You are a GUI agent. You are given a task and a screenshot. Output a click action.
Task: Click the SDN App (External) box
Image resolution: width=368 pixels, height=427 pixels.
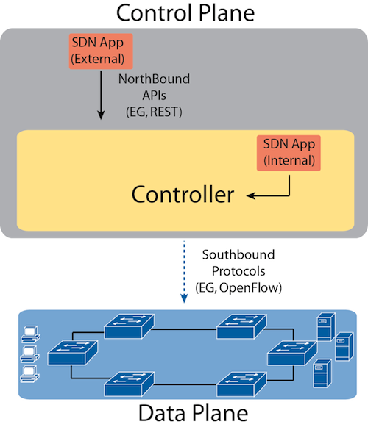[x=101, y=51]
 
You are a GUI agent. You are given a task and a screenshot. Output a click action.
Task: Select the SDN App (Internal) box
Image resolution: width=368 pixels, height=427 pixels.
[x=289, y=153]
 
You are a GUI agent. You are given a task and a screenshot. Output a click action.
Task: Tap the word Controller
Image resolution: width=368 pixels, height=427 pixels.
[x=183, y=195]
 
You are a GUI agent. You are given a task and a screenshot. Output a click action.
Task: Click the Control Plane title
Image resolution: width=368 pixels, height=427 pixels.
[x=185, y=12]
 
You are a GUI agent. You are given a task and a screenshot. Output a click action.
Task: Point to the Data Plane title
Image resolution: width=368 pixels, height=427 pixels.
[x=193, y=413]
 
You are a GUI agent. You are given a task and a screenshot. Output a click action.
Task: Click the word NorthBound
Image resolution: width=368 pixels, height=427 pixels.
[x=154, y=79]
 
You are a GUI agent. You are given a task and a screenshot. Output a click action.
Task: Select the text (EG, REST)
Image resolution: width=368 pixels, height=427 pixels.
[x=154, y=112]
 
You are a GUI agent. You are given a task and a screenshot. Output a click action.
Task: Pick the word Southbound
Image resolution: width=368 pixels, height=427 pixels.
[x=238, y=254]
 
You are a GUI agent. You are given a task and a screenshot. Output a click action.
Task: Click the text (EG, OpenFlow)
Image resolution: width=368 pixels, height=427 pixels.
[x=238, y=288]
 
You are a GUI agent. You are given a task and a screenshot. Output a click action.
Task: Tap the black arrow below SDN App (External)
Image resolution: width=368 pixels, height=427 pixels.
[x=102, y=95]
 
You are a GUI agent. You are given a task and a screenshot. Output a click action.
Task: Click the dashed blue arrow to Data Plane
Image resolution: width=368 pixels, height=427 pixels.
[x=184, y=271]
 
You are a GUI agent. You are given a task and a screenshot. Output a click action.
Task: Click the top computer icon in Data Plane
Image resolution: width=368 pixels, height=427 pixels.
[x=31, y=334]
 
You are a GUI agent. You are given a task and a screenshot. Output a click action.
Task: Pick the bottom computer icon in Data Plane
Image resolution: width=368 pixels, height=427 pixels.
[x=31, y=374]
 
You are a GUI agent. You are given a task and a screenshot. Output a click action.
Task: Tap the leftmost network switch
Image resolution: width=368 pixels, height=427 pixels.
[x=73, y=353]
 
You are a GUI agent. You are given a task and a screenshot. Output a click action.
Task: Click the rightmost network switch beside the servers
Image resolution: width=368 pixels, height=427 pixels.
[x=292, y=353]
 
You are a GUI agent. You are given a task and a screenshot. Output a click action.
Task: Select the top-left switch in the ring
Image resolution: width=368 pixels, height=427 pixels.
[x=130, y=326]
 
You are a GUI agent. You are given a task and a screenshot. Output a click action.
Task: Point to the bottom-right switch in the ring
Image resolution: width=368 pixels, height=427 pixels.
[x=241, y=384]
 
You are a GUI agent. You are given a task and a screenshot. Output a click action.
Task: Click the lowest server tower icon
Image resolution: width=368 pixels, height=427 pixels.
[x=322, y=373]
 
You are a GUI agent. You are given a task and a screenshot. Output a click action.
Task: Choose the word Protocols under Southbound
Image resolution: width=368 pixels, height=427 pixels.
[x=238, y=271]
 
